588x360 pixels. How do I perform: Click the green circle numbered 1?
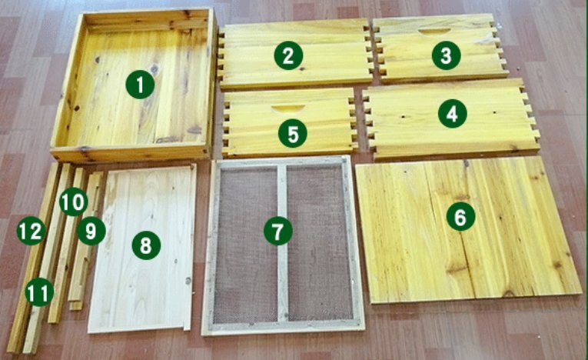coord(140,85)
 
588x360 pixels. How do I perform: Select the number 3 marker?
coord(446,55)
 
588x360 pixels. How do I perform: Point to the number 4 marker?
coord(452,114)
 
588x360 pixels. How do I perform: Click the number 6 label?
coord(460,218)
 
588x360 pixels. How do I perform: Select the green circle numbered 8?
coord(145,245)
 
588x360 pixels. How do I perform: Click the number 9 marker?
coord(91,230)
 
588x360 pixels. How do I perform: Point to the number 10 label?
coord(72,202)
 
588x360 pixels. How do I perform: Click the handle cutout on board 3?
coord(435,31)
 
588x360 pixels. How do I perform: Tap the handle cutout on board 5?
coord(288,108)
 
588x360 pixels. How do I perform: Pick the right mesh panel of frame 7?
coord(319,246)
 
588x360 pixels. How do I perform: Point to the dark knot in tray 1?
coord(154,70)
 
